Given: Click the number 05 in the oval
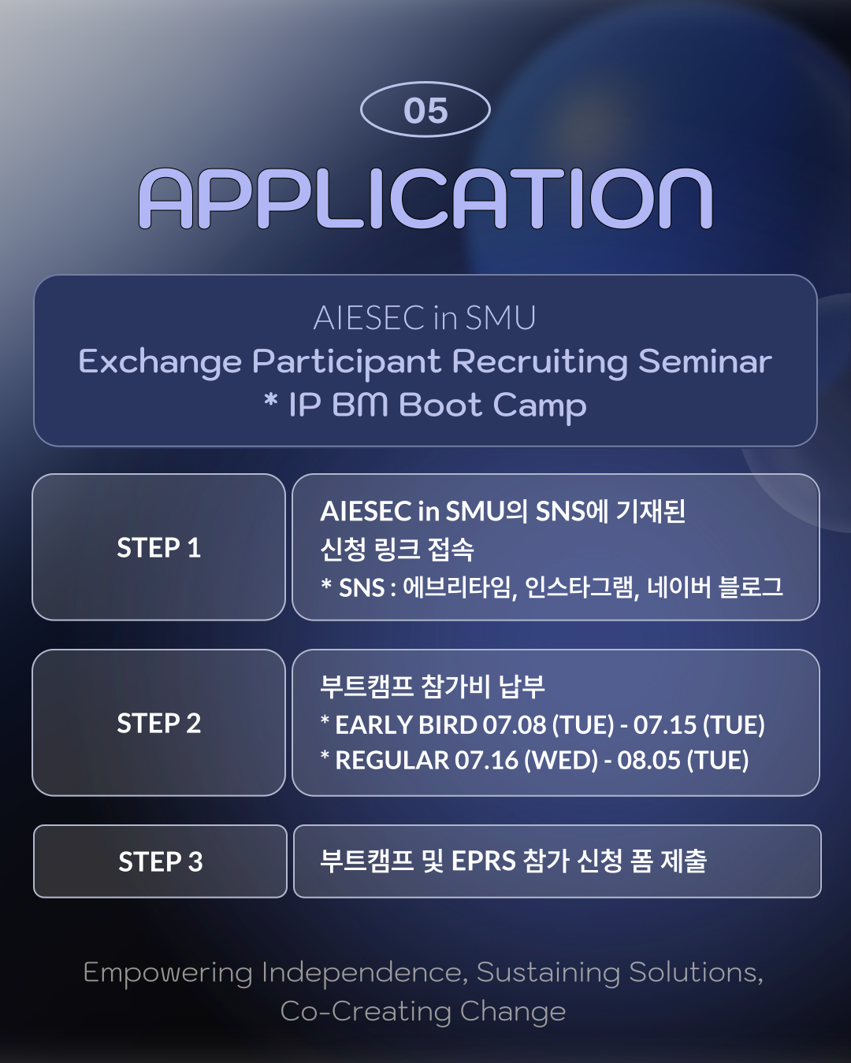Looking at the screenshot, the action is coord(425,110).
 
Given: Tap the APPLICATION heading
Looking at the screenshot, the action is coord(425,198).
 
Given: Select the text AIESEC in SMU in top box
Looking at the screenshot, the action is coord(425,317).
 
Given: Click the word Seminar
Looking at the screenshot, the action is coord(704,361).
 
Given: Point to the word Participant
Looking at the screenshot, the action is coord(346,362).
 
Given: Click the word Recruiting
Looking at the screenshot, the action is coord(540,362).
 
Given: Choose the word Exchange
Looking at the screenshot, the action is coord(160,362).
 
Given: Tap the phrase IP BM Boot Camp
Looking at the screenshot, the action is coord(437,406).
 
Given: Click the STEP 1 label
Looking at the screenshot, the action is coord(158,548).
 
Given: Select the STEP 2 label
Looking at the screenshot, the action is coord(158,723).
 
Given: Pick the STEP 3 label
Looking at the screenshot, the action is coord(160,861).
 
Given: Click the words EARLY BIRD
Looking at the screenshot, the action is coord(406,724).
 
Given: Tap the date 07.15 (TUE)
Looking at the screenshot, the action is coord(699,724).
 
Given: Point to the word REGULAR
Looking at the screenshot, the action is coord(392,760).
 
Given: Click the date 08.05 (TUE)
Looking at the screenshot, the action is coord(683,760).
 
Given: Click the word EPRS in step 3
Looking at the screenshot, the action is coord(484,861).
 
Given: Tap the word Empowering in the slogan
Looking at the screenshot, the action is coord(168,973).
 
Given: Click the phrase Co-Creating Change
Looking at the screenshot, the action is coord(423,1011).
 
